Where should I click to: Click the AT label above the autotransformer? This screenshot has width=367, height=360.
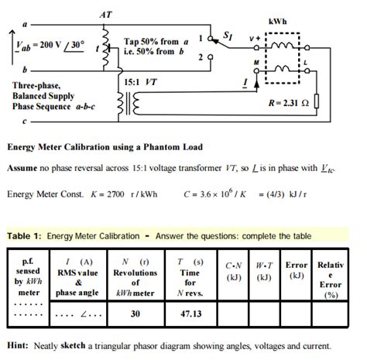[x=105, y=14]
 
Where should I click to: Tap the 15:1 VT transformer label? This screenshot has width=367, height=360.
[x=142, y=81]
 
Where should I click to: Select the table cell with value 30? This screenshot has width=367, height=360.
[x=135, y=314]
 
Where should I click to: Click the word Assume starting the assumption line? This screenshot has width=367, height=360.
[x=25, y=168]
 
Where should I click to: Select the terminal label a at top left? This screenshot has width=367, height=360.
[x=31, y=23]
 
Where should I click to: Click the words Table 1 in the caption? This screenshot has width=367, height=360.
[x=26, y=235]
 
